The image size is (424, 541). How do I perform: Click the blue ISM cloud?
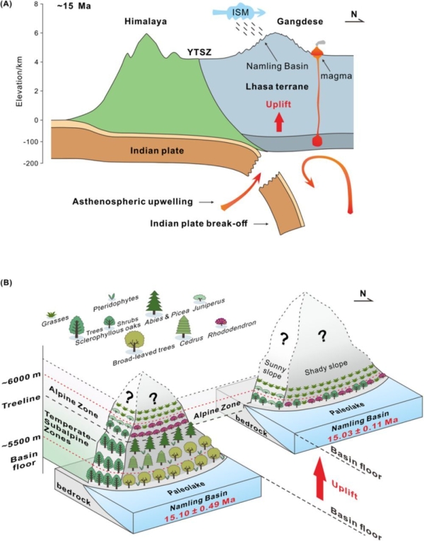[x=239, y=13]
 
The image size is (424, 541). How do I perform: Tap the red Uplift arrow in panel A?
[x=280, y=123]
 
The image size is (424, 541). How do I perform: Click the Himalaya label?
[x=146, y=21]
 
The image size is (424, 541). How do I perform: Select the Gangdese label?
[x=300, y=22]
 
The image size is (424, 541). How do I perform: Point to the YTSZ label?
[x=199, y=52]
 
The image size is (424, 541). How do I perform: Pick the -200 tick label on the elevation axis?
[x=31, y=163]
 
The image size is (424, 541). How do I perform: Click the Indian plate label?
[x=157, y=151]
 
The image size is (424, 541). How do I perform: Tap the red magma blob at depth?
[x=317, y=141]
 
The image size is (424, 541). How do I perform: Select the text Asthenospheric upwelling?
[x=132, y=202]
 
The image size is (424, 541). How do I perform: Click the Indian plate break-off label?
[x=199, y=223]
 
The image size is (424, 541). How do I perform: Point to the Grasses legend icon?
[x=52, y=314]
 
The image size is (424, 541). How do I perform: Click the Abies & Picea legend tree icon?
[x=154, y=303]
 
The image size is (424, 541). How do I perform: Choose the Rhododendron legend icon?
[x=220, y=322]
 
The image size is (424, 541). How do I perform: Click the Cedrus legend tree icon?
[x=183, y=327]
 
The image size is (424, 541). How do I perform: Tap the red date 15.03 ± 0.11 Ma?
[x=363, y=429]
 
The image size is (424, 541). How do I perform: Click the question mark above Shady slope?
[x=322, y=335]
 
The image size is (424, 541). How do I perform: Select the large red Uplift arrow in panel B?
[x=320, y=478]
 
